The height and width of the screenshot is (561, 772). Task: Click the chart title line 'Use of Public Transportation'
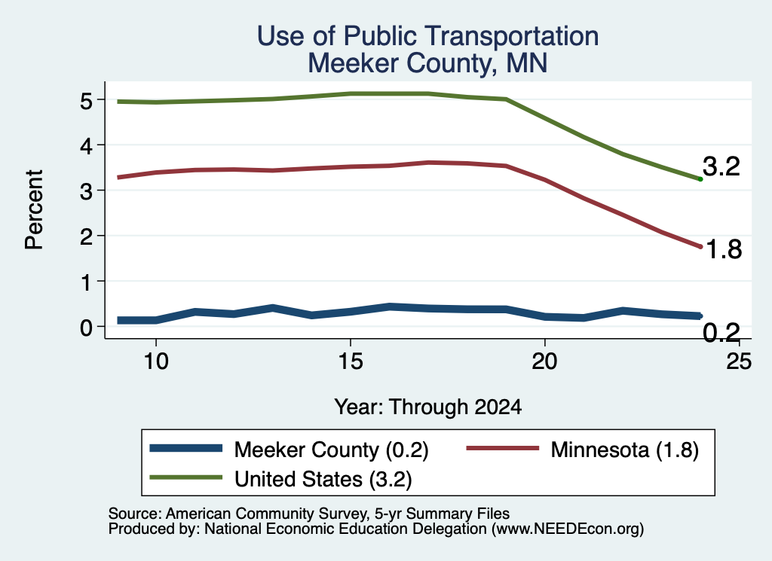[428, 36]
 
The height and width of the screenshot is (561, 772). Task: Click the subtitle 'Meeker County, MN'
[427, 63]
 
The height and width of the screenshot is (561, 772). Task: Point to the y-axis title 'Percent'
[35, 210]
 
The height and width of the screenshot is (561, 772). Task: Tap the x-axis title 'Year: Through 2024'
[428, 407]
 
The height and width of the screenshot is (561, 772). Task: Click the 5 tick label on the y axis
[86, 101]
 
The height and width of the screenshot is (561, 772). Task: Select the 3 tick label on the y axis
[86, 191]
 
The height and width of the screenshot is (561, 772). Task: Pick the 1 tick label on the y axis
[87, 282]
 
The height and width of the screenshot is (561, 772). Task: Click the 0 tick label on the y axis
[86, 328]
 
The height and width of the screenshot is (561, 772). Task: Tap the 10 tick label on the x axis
[156, 362]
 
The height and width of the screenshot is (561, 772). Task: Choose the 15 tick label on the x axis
[351, 362]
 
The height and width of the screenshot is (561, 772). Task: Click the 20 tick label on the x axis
[544, 362]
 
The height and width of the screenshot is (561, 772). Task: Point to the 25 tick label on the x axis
[739, 362]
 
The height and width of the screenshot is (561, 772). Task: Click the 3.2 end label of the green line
[721, 166]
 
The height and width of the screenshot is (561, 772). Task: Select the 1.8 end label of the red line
[724, 249]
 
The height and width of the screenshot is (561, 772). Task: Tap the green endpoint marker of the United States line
[700, 179]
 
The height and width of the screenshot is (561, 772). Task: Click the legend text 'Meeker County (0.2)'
[332, 450]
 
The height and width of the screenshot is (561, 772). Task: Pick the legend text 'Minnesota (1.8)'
[625, 450]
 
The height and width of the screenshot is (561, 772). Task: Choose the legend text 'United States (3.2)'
[323, 480]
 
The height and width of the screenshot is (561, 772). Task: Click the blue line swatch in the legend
[186, 448]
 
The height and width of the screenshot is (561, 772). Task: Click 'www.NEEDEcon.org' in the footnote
[568, 529]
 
